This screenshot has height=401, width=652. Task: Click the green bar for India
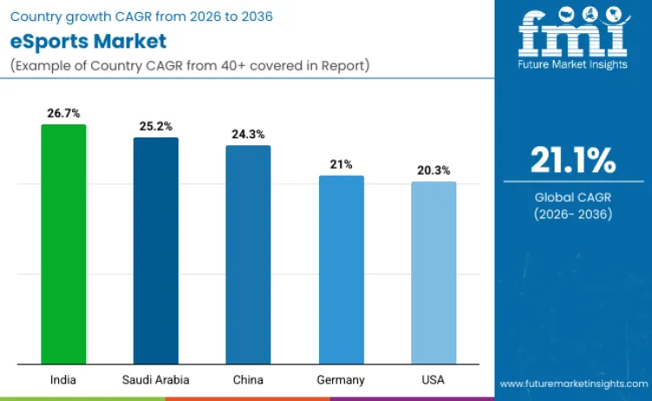[63, 244]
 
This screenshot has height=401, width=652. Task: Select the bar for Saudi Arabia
[156, 251]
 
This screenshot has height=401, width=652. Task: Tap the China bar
[249, 255]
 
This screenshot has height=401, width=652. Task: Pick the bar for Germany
[341, 270]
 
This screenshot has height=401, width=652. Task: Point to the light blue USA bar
[433, 273]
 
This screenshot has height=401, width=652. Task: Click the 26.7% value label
[63, 113]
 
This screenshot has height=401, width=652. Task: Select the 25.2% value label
[156, 126]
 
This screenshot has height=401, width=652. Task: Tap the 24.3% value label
[249, 134]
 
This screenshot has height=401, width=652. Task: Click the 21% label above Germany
[341, 164]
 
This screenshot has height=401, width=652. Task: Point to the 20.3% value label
[433, 170]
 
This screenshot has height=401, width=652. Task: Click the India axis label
[63, 380]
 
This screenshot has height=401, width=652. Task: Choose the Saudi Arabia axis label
[156, 380]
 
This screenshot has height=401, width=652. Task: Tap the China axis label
[249, 380]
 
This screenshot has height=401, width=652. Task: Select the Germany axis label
[341, 380]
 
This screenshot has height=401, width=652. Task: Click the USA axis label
[433, 380]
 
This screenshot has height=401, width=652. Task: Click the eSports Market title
[87, 42]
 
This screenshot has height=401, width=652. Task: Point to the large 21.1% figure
[574, 161]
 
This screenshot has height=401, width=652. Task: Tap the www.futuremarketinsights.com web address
[573, 384]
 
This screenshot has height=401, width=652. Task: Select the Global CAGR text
[574, 197]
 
